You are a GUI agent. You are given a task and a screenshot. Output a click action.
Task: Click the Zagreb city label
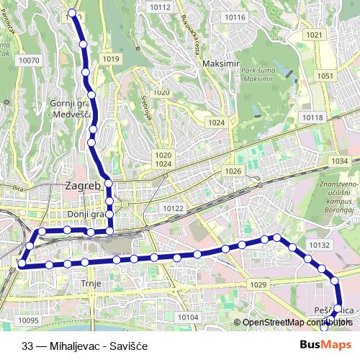click(81, 186)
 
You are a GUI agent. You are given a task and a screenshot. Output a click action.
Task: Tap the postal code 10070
click(30, 61)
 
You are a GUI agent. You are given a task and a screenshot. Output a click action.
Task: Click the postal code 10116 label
click(234, 17)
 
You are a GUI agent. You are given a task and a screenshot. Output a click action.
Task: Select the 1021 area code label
click(313, 35)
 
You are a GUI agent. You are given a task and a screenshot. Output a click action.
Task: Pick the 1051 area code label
click(325, 76)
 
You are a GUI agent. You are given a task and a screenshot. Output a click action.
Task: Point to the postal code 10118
click(313, 117)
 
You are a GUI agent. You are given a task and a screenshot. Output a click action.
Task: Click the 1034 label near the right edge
click(341, 161)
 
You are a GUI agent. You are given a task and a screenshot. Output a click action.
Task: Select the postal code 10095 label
click(29, 320)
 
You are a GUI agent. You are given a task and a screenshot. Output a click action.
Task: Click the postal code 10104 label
click(187, 317)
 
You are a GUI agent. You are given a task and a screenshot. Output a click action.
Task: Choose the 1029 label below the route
click(259, 286)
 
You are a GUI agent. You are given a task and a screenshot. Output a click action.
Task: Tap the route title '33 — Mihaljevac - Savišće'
click(84, 346)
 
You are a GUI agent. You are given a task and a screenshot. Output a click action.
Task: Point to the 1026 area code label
click(233, 171)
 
